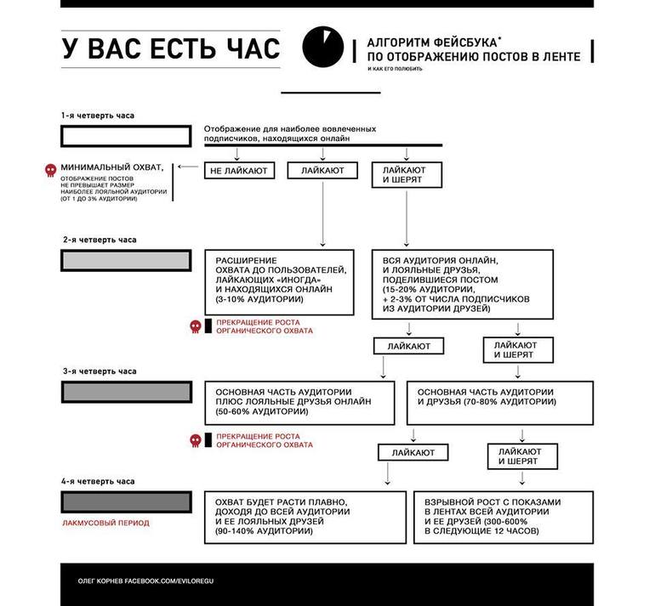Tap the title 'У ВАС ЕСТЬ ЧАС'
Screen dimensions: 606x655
(x=170, y=49)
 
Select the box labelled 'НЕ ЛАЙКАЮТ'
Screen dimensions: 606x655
(x=238, y=171)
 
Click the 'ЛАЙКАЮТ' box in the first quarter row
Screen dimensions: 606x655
(x=322, y=171)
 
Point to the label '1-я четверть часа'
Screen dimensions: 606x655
(x=98, y=115)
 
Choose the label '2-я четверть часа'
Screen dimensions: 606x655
(x=99, y=240)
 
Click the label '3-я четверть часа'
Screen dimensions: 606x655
(x=99, y=371)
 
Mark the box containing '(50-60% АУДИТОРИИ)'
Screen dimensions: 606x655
(x=298, y=402)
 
